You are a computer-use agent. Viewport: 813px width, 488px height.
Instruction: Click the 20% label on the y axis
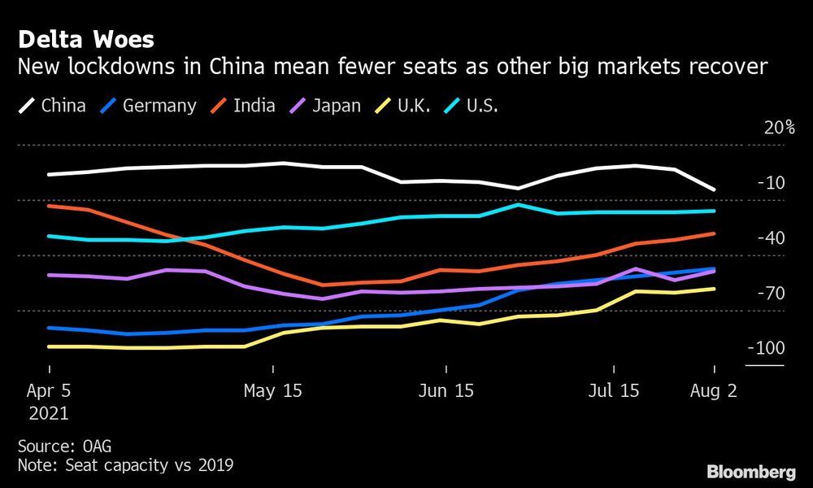[778, 128]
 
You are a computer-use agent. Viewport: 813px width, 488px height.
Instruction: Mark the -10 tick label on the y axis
[770, 183]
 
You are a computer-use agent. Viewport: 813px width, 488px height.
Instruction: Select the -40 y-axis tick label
[770, 238]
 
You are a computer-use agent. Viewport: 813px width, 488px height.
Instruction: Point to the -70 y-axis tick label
[770, 293]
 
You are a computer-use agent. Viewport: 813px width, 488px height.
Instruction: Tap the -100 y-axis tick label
[766, 348]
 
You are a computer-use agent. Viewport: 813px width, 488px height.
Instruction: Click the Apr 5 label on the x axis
[48, 391]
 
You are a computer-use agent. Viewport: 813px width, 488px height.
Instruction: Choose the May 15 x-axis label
[272, 391]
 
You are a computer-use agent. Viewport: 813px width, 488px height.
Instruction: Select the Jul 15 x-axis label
[613, 391]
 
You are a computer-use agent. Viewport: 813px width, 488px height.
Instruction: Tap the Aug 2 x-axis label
[713, 391]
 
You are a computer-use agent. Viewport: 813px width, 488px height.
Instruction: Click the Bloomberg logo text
[750, 472]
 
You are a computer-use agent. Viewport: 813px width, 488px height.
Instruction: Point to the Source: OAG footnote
[63, 446]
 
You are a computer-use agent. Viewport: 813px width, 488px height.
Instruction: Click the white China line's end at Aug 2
[714, 190]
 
